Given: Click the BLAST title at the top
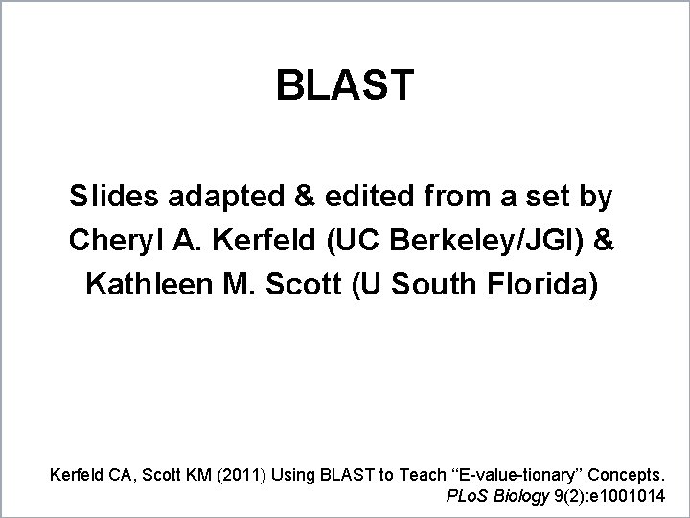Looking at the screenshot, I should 345,85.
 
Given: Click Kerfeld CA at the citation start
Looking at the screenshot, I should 86,474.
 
